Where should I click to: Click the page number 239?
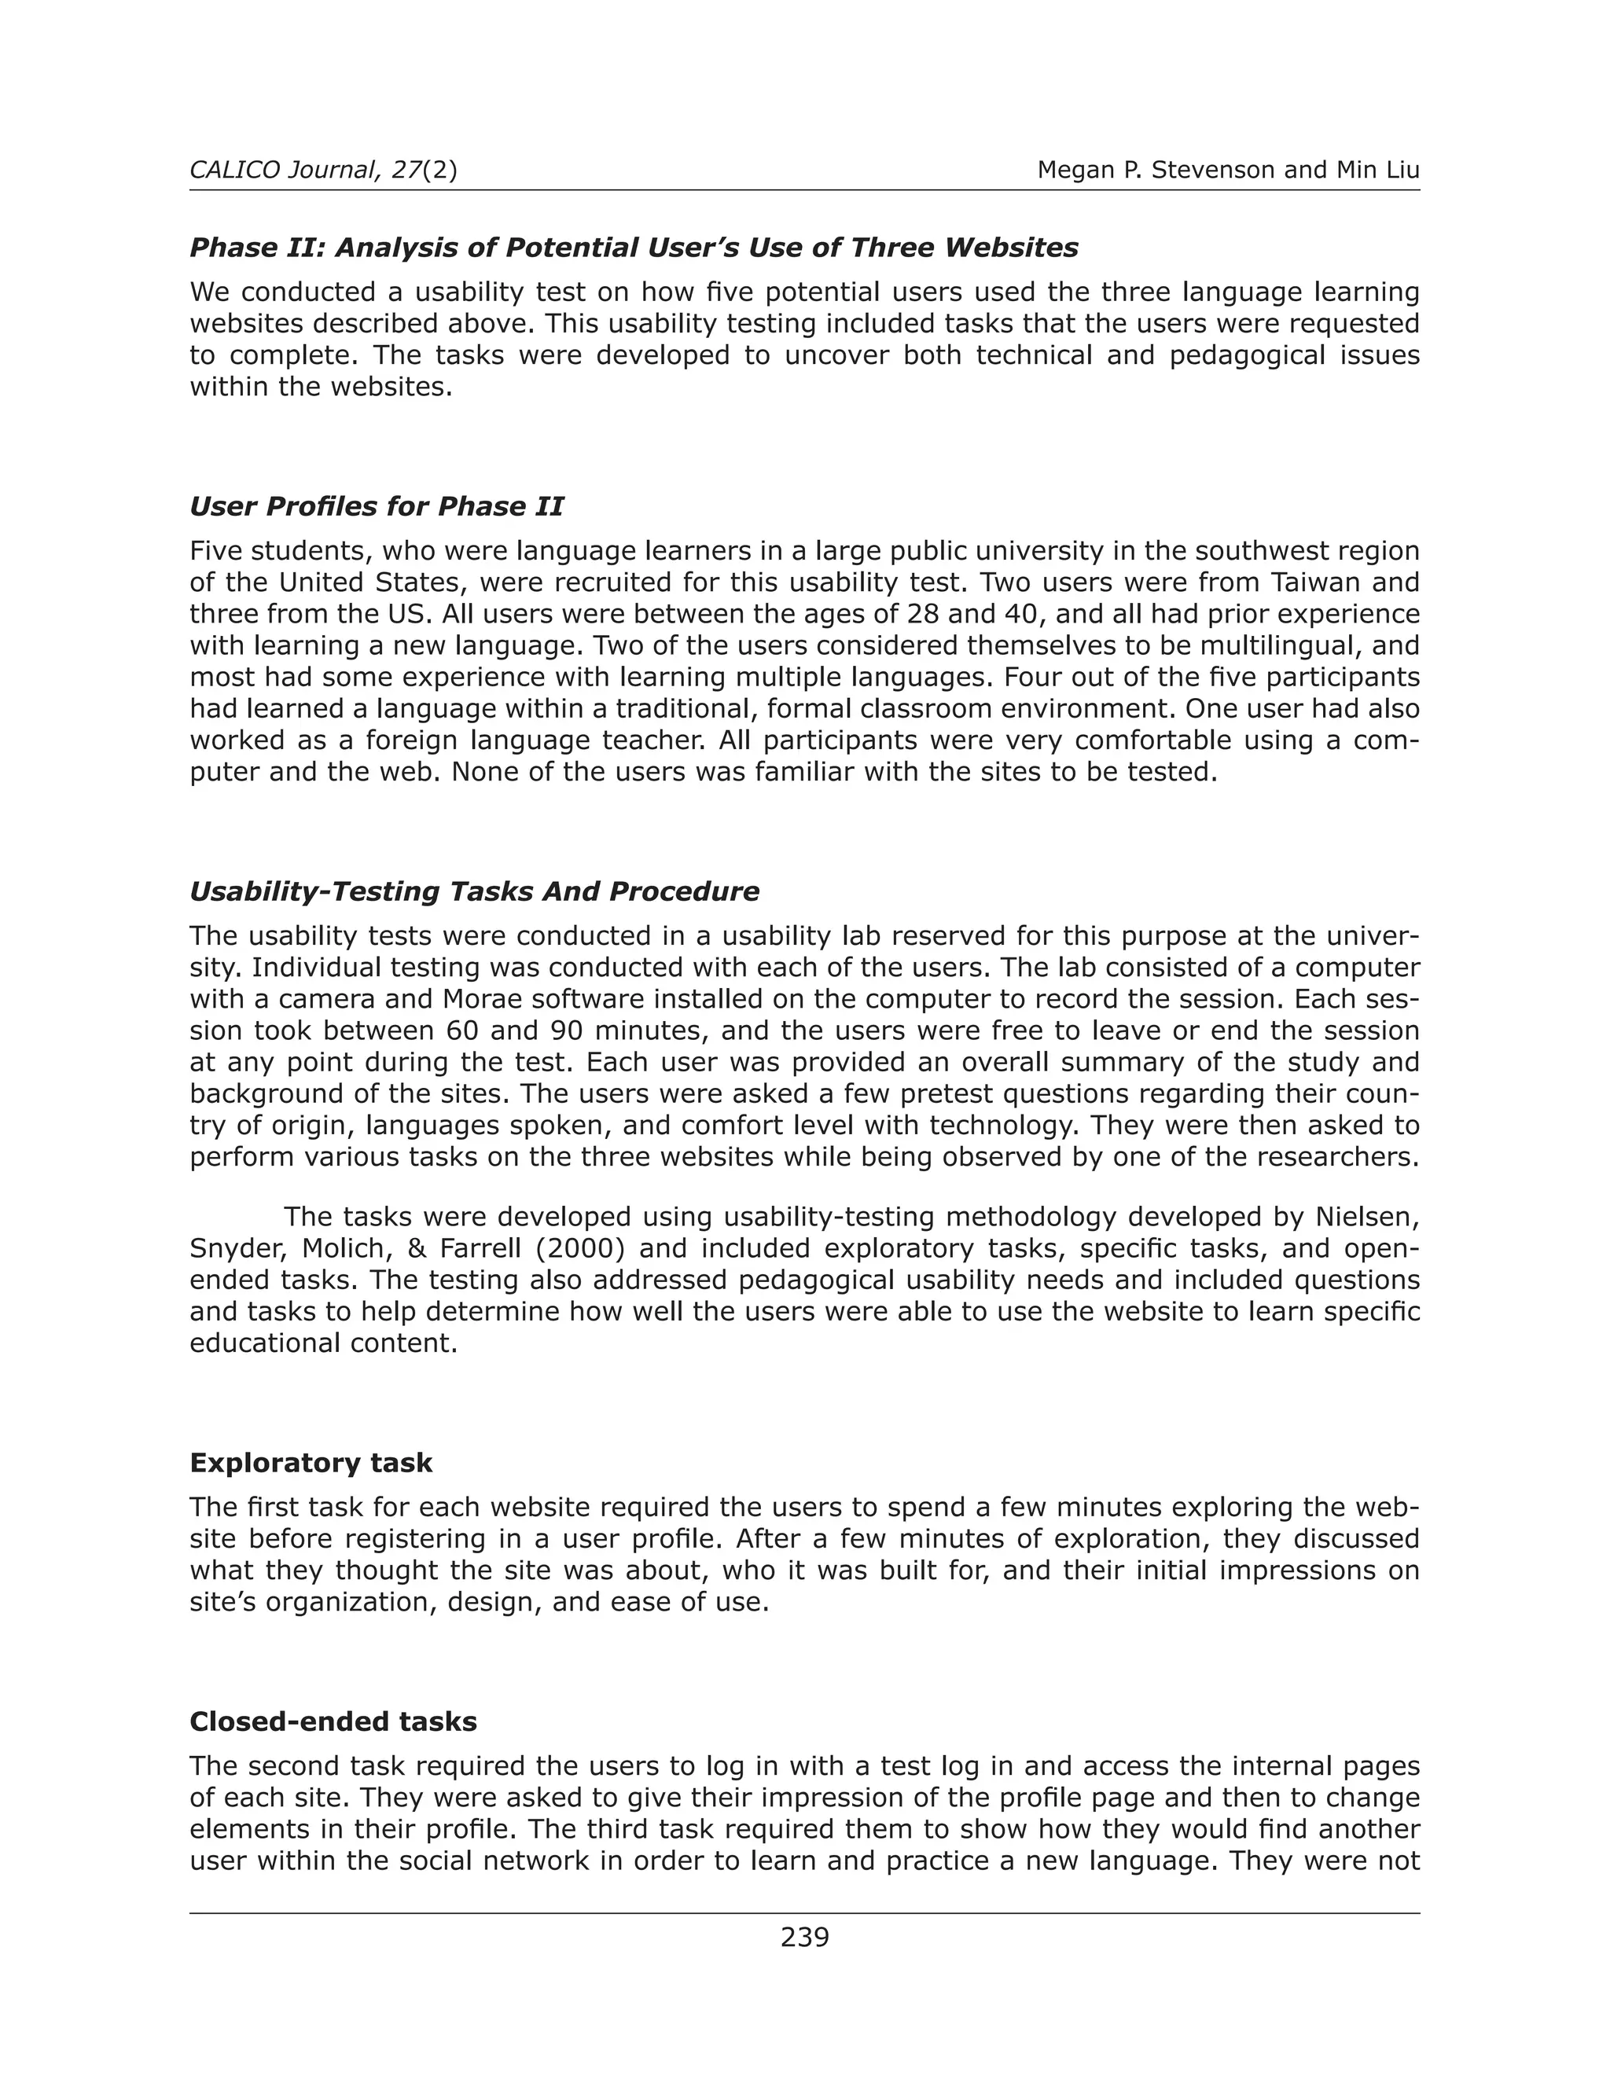point(804,1937)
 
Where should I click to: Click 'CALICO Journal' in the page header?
point(281,170)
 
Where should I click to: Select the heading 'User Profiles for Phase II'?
point(376,506)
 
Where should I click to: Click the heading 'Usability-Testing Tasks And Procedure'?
point(474,892)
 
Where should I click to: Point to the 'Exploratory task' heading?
point(311,1463)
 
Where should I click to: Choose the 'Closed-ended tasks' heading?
point(333,1721)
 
